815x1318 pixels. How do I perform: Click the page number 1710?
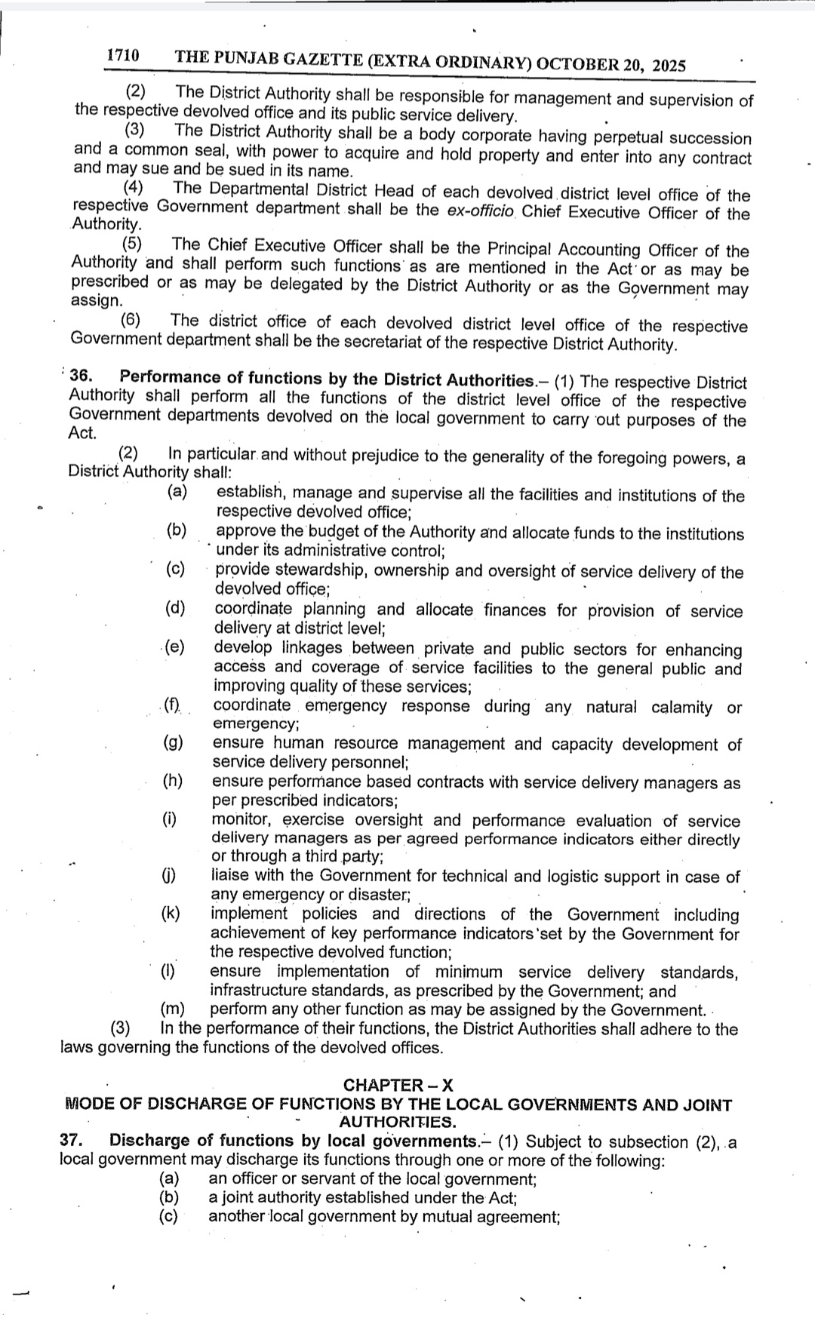tap(123, 56)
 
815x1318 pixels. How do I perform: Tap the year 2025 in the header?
tap(669, 66)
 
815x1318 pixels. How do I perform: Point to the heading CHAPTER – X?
tap(398, 1085)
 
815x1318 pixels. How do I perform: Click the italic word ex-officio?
tap(479, 210)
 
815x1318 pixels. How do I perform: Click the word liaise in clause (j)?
tap(231, 875)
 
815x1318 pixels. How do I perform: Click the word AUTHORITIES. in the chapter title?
tap(398, 1122)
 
